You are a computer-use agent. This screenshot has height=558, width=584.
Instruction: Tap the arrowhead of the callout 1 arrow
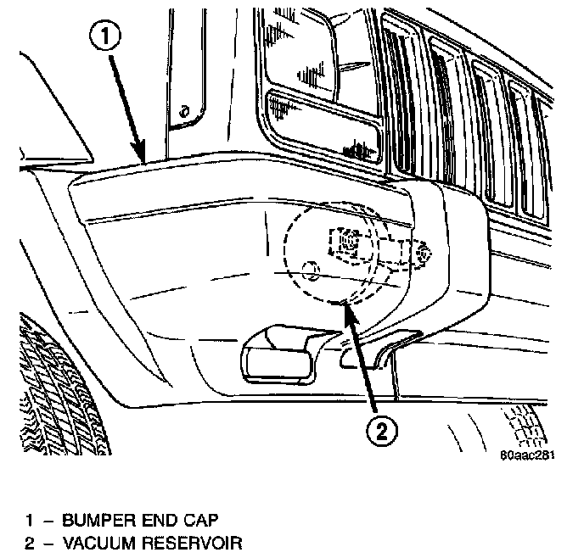[x=145, y=159]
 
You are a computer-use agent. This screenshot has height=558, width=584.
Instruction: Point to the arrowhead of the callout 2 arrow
[x=344, y=304]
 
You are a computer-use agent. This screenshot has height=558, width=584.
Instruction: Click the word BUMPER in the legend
[x=90, y=518]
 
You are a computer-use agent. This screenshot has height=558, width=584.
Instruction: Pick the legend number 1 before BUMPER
[x=28, y=518]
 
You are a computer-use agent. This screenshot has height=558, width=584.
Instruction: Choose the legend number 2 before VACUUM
[x=28, y=543]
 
